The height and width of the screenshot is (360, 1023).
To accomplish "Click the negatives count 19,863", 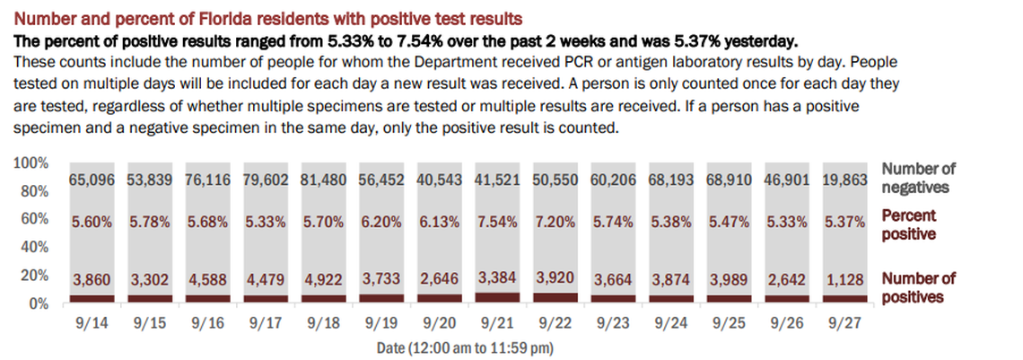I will pyautogui.click(x=845, y=180).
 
